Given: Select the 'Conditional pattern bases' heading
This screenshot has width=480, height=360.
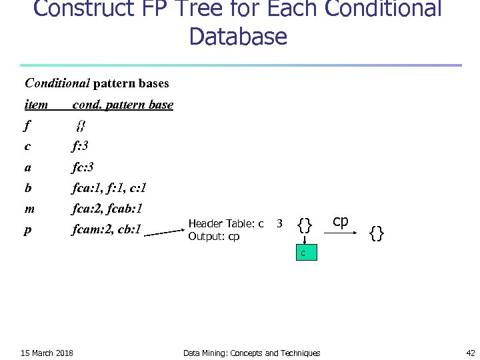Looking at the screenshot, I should pyautogui.click(x=97, y=83).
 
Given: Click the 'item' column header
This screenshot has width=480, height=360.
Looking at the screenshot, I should pyautogui.click(x=36, y=105).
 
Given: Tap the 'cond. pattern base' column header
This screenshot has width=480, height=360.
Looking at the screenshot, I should pyautogui.click(x=123, y=105).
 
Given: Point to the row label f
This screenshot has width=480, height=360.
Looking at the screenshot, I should pyautogui.click(x=27, y=125).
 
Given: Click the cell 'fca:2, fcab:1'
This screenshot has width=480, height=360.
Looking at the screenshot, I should pyautogui.click(x=111, y=209).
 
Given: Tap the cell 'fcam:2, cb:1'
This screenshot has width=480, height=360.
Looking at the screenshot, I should pyautogui.click(x=107, y=230).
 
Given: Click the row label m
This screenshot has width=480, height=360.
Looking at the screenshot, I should pyautogui.click(x=29, y=209).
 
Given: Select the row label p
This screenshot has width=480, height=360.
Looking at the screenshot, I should pyautogui.click(x=28, y=231).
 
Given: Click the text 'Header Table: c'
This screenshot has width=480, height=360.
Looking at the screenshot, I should pyautogui.click(x=226, y=223).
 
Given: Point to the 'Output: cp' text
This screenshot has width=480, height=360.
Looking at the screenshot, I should pyautogui.click(x=213, y=236).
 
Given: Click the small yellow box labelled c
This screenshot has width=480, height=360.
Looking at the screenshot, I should pyautogui.click(x=303, y=253).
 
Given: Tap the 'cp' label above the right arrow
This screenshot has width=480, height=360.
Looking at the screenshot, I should pyautogui.click(x=340, y=221).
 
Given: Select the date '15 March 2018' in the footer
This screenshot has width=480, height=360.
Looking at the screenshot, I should pyautogui.click(x=47, y=353).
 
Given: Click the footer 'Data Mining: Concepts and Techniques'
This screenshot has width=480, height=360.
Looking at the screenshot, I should pyautogui.click(x=251, y=353).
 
